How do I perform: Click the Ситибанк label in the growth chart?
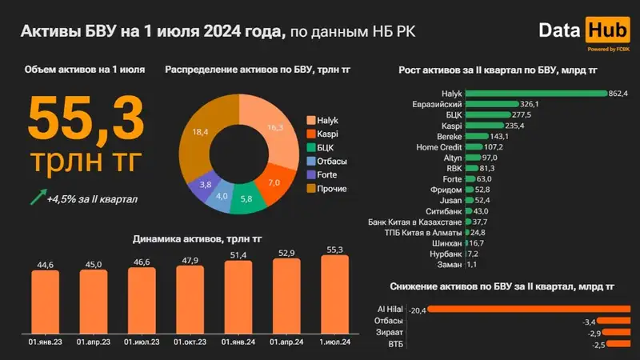[x=442, y=210]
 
